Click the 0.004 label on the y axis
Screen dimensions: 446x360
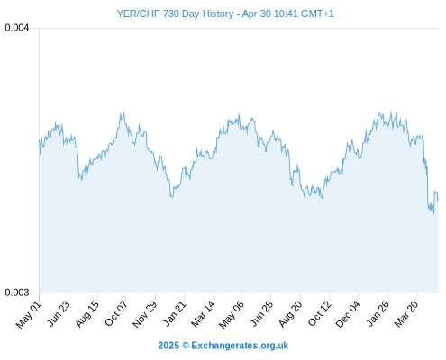(x=17, y=28)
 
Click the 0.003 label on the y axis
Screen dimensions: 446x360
(x=17, y=292)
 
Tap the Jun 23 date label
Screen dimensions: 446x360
(x=59, y=313)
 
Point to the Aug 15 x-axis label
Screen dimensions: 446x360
(x=87, y=314)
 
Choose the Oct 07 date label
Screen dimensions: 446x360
(x=116, y=313)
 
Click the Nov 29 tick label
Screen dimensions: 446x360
(x=145, y=314)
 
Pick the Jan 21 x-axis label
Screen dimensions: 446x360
(x=175, y=313)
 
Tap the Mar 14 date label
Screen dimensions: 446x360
(x=204, y=314)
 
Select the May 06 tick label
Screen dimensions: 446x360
(x=232, y=314)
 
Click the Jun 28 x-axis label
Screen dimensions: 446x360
(x=261, y=313)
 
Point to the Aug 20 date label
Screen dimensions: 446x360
(x=290, y=314)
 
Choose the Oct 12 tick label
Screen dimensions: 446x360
(x=320, y=313)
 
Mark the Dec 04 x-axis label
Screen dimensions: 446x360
(x=348, y=314)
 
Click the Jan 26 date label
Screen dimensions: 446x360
(x=378, y=313)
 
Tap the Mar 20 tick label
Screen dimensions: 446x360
(x=406, y=314)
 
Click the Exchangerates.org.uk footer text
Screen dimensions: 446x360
(x=240, y=346)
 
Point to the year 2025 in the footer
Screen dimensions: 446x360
(x=168, y=346)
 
